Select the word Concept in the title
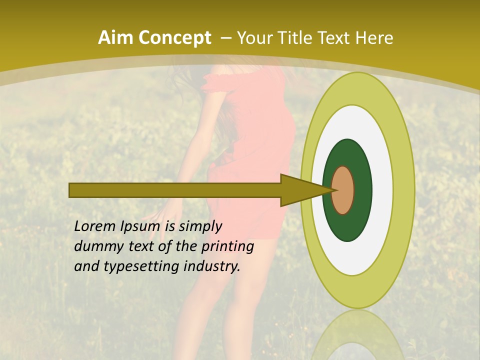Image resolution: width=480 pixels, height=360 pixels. coord(174,38)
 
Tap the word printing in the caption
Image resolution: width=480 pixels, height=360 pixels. coord(227,247)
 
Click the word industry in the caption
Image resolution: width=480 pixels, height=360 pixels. coord(212,266)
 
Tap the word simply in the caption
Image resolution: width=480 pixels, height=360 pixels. coord(199,227)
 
